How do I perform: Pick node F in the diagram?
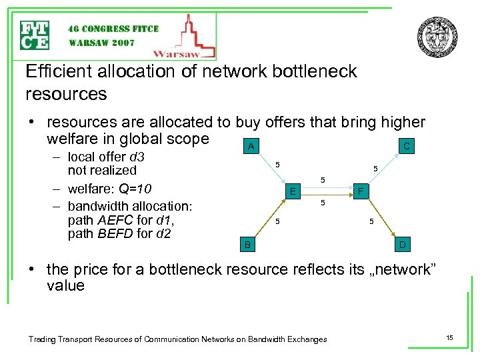coord(360,192)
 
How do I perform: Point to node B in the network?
coord(247,245)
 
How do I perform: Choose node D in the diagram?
coord(403,245)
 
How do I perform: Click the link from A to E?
coord(270,169)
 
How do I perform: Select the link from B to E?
coord(269,219)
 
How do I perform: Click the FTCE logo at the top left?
coord(35,35)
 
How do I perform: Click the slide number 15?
coord(449,339)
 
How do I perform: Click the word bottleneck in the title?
coord(311,71)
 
